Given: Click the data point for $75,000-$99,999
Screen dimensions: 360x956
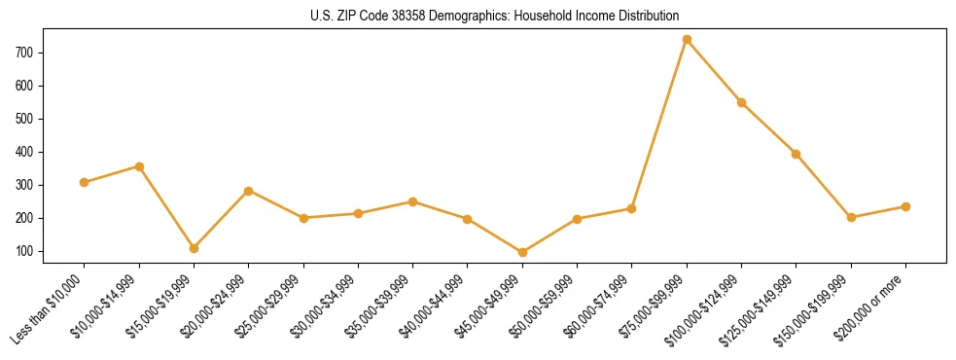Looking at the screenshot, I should click(x=687, y=40).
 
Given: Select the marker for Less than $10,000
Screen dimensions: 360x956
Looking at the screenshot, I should click(x=85, y=182).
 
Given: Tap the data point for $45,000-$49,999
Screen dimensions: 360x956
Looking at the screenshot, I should click(x=522, y=252).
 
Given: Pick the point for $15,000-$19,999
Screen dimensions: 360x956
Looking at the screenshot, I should click(x=194, y=248).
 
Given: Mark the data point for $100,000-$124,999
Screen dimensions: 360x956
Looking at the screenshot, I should click(x=741, y=102).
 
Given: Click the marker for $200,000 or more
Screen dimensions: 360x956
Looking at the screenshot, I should click(x=905, y=206).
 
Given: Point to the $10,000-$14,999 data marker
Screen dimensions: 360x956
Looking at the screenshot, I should click(x=139, y=166).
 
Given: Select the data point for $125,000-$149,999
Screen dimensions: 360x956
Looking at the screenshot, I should click(x=797, y=154).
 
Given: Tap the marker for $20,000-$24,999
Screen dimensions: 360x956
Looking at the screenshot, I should click(x=249, y=191).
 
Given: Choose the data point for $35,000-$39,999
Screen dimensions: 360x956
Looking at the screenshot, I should click(x=412, y=201).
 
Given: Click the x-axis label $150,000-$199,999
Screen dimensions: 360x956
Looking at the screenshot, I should click(x=818, y=306).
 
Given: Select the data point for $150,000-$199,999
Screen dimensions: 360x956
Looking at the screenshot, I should click(x=851, y=217).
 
